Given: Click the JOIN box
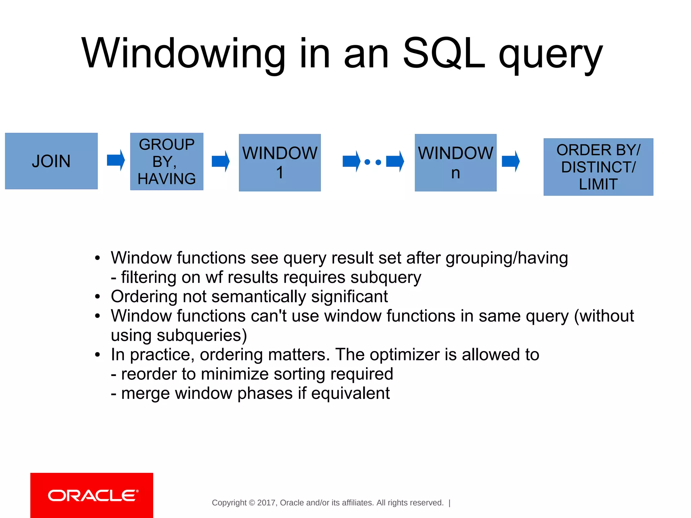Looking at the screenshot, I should [51, 161].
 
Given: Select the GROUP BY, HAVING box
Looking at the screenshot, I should [167, 162].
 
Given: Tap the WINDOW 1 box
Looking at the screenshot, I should [280, 163].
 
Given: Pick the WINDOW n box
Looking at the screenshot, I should [455, 163].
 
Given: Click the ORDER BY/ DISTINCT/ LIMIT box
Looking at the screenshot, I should [598, 167].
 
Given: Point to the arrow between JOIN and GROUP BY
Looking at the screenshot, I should [116, 160].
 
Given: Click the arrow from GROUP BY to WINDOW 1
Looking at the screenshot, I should [221, 161].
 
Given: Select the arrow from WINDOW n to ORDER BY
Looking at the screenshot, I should [510, 161].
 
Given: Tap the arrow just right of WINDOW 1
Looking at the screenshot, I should [351, 161].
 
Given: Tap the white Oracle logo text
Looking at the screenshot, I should [93, 496].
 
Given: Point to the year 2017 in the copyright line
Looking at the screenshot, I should [267, 503].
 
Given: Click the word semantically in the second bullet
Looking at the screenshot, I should [258, 297].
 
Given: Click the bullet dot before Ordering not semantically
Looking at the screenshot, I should [98, 297].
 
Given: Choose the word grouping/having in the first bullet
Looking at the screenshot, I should [506, 258].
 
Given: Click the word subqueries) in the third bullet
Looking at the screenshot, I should [201, 336].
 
